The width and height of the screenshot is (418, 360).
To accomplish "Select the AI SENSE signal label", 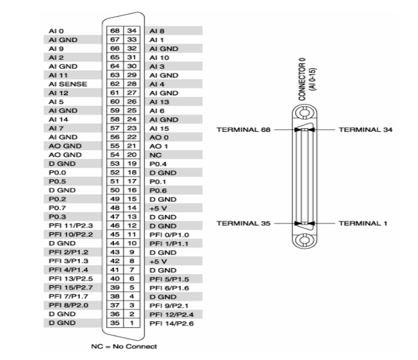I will click(x=62, y=84).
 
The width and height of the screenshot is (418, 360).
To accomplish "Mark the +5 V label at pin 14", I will click(x=155, y=208).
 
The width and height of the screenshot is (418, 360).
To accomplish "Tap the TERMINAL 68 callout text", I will click(x=245, y=130).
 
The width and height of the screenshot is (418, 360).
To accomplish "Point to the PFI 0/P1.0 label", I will click(x=165, y=234).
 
